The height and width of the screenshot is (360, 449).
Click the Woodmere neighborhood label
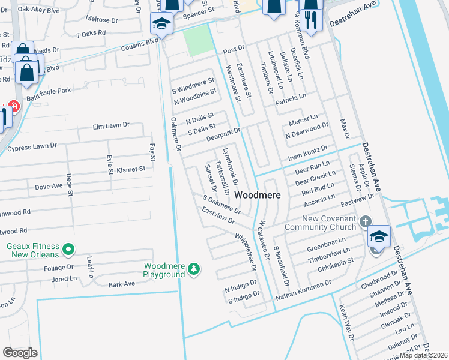click(257, 196)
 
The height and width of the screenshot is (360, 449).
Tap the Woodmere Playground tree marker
click(194, 269)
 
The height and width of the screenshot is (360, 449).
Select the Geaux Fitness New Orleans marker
click(68, 248)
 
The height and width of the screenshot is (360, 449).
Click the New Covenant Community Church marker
click(365, 223)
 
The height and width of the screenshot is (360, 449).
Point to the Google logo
click(20, 353)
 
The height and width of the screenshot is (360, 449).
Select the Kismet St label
click(131, 169)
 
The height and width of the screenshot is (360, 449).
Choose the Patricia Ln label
click(291, 100)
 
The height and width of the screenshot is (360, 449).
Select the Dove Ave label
click(49, 187)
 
